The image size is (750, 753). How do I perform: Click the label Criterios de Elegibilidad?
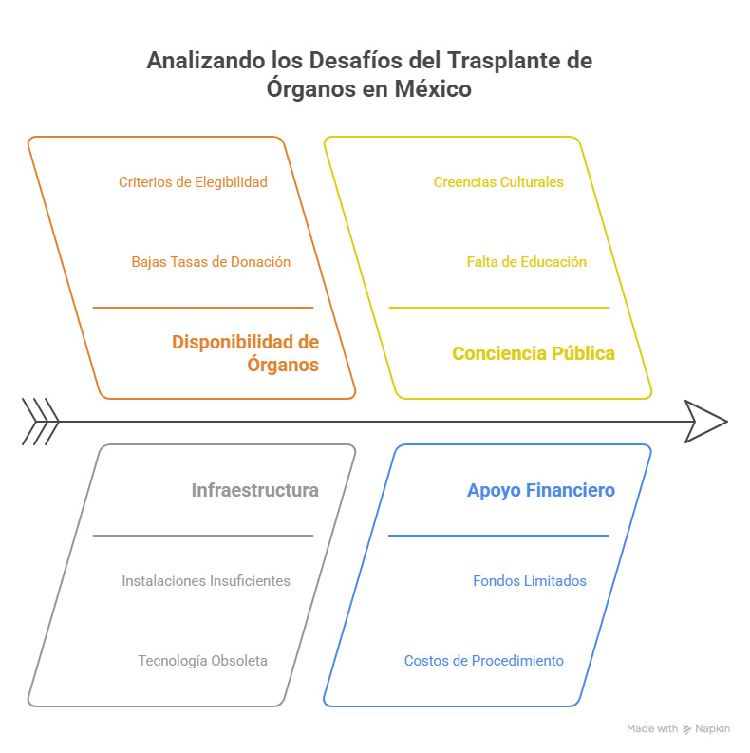[193, 182]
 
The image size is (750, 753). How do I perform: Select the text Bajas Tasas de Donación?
[211, 262]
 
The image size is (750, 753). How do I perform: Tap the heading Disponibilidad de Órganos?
[245, 353]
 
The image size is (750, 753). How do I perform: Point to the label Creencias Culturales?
[498, 182]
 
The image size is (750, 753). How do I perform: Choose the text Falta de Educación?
[527, 262]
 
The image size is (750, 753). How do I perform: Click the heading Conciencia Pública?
[534, 353]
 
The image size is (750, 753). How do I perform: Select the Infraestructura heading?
[255, 490]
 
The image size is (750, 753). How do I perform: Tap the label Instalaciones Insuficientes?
[206, 581]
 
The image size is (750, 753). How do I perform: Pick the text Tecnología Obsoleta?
[202, 661]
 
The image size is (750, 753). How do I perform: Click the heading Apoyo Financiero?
[541, 490]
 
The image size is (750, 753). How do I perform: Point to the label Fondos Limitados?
[530, 581]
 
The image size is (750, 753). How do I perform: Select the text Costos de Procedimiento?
[484, 661]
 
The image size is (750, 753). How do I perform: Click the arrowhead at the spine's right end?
[706, 422]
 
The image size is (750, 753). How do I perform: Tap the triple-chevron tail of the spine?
[41, 422]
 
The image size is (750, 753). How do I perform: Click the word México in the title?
[433, 89]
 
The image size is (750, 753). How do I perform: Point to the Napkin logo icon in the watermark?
[687, 729]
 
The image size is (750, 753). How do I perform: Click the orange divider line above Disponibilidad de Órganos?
[203, 308]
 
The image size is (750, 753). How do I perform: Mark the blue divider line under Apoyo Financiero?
[498, 536]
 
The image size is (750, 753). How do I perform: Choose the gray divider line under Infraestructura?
[203, 536]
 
